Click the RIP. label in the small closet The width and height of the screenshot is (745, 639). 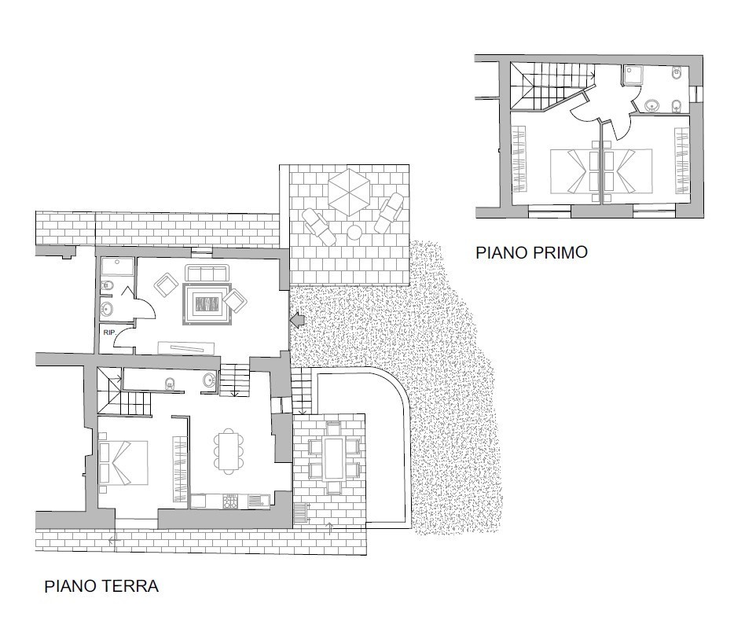point(108,332)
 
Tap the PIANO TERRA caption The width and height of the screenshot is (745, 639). point(101,586)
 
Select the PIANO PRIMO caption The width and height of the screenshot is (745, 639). point(532,252)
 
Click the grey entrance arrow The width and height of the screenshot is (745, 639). point(297,320)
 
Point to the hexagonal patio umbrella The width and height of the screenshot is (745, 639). point(349,193)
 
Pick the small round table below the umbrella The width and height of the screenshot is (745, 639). point(355,233)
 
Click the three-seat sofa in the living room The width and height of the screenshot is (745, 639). point(206,274)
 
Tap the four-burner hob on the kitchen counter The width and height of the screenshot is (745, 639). point(230,501)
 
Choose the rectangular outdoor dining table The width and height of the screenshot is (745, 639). point(333,459)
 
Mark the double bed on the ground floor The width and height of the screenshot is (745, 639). point(123,463)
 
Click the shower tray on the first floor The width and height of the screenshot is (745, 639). point(633,75)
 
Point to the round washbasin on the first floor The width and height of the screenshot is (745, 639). point(653,105)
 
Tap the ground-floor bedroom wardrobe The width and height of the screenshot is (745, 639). point(179,468)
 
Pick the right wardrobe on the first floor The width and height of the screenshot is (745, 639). point(682,160)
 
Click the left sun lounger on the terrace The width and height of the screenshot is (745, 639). point(319,226)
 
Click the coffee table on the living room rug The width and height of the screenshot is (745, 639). point(207,303)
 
